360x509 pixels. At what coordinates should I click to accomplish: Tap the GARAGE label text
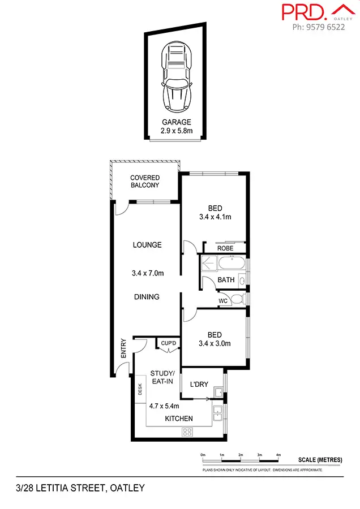(x=177, y=122)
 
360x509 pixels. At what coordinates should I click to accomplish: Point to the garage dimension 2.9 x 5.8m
(x=177, y=131)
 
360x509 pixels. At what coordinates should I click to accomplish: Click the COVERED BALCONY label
(x=145, y=182)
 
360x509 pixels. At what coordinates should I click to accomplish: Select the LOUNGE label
(x=147, y=245)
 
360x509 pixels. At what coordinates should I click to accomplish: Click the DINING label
(x=147, y=297)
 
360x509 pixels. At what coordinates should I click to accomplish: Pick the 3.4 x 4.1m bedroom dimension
(x=215, y=217)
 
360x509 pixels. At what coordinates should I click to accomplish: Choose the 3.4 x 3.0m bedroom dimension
(x=215, y=343)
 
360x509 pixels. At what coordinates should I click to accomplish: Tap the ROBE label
(x=225, y=248)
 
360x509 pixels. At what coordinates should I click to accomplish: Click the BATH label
(x=226, y=280)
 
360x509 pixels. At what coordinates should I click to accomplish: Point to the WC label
(x=223, y=301)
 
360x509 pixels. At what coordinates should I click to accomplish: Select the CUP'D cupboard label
(x=169, y=343)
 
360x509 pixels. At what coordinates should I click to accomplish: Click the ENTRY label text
(x=123, y=348)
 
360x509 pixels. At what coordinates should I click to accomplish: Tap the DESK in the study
(x=140, y=389)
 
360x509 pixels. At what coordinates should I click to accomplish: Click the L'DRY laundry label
(x=199, y=385)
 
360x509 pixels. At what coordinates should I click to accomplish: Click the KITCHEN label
(x=179, y=419)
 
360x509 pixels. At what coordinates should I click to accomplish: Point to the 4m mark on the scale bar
(x=278, y=455)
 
